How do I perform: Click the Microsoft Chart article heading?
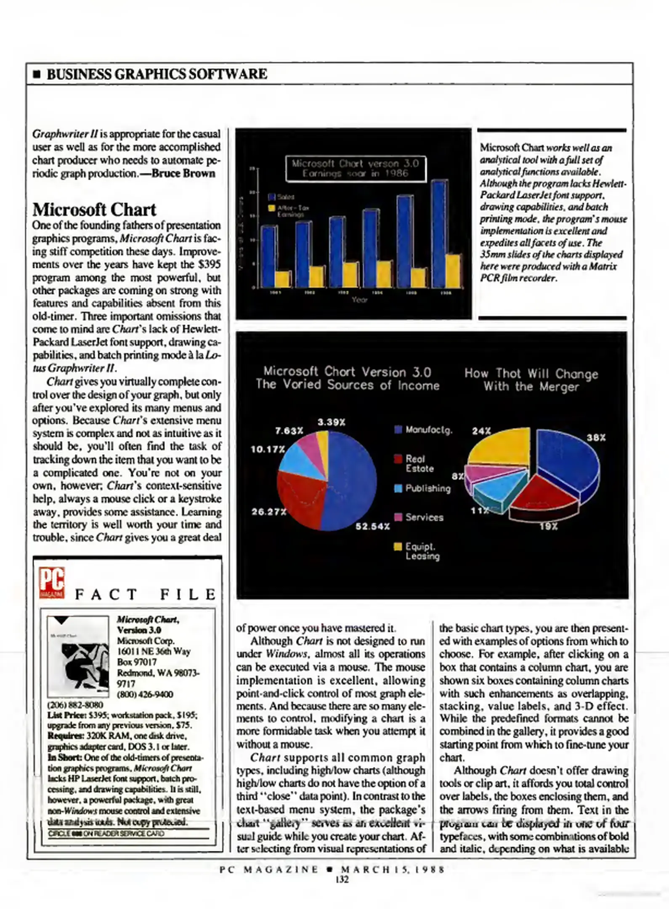tap(94, 210)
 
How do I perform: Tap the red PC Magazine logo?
tap(52, 582)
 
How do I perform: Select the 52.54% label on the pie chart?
tap(372, 526)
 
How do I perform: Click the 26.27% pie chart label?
tap(268, 512)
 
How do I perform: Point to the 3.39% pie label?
tap(331, 422)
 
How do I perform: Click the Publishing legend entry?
tap(423, 488)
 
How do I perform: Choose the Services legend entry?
tap(419, 517)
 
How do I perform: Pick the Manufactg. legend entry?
tap(424, 430)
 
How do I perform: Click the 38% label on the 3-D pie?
tap(596, 438)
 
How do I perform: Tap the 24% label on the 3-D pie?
tap(481, 431)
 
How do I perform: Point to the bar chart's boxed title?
tap(356, 168)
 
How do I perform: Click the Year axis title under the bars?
tap(359, 300)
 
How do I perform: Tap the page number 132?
tap(342, 879)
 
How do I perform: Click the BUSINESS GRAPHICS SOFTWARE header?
tap(157, 74)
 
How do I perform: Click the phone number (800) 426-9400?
tap(145, 694)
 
